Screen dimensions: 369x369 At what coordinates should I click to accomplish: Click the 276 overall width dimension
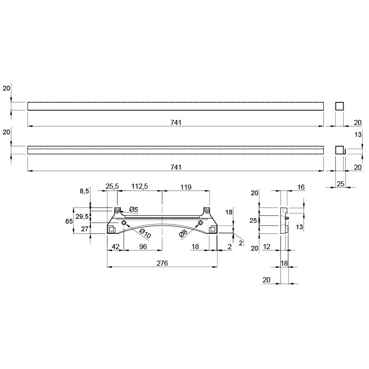[162, 263]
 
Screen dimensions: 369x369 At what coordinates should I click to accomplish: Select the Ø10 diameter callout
[145, 233]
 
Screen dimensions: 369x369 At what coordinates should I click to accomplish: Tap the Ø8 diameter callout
[183, 233]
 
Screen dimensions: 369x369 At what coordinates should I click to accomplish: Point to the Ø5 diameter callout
[134, 209]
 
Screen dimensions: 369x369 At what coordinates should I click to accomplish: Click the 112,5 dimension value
[140, 186]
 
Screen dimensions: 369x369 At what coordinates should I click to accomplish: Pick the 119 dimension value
[186, 187]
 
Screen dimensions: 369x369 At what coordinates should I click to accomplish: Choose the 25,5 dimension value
[112, 186]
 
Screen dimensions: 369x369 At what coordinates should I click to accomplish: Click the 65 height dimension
[69, 221]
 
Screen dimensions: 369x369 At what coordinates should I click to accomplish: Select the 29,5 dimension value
[82, 216]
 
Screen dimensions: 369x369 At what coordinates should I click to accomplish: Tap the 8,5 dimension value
[84, 191]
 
